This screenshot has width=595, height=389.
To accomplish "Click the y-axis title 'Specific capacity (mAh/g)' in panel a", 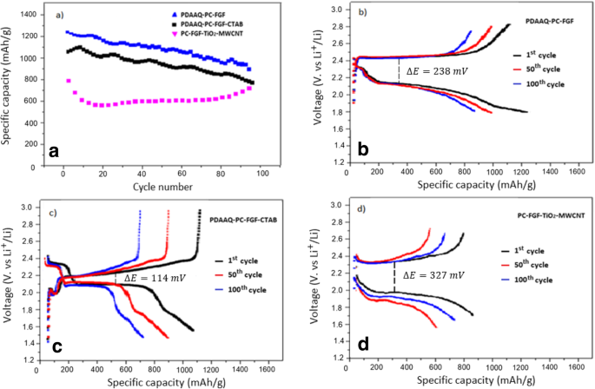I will pos(8,87).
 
